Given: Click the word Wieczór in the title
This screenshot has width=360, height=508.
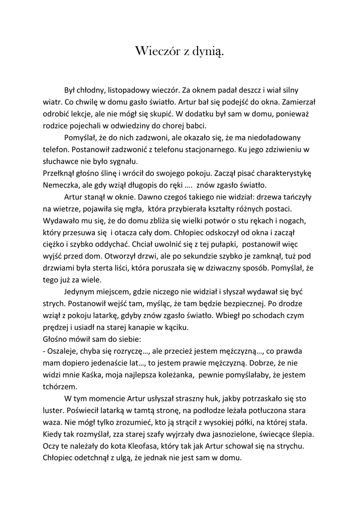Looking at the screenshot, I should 156,51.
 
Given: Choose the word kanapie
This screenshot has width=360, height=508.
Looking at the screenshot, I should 144,327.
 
